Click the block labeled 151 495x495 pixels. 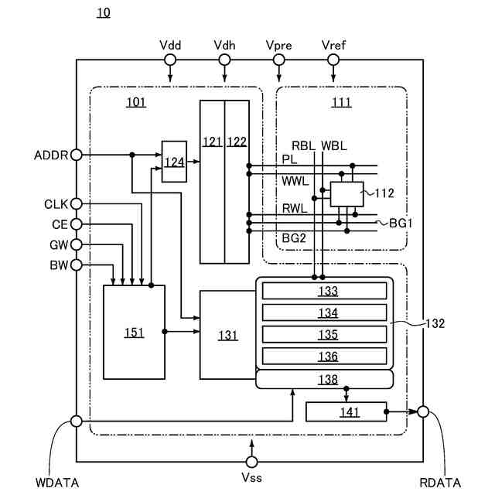point(134,332)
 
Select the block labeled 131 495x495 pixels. point(227,334)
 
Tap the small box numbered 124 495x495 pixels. point(173,162)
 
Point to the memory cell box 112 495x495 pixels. point(346,194)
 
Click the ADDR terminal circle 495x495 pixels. point(76,155)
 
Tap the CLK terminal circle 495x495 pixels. point(76,204)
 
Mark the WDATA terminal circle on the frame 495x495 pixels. point(76,422)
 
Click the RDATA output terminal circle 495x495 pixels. point(423,411)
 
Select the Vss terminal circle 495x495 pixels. point(252,461)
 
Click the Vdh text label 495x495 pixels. point(224,45)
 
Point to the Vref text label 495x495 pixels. point(333,45)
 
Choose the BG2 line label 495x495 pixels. point(294,238)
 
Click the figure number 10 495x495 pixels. point(103,12)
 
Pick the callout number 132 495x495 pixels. point(435,324)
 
